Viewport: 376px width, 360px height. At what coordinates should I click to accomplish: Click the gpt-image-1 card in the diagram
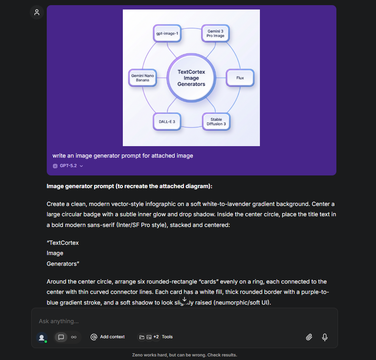pyautogui.click(x=167, y=34)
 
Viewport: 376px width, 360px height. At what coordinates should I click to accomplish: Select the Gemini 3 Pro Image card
pyautogui.click(x=216, y=33)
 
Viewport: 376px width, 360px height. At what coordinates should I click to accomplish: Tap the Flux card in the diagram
pyautogui.click(x=240, y=78)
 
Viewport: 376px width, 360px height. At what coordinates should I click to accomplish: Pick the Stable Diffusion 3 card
pyautogui.click(x=216, y=122)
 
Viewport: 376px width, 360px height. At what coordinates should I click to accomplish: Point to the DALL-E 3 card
pyautogui.click(x=167, y=122)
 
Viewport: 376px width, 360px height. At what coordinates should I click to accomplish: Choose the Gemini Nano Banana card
pyautogui.click(x=143, y=78)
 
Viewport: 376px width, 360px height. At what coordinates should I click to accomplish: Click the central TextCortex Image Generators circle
pyautogui.click(x=191, y=78)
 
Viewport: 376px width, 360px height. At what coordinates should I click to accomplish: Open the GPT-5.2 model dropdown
pyautogui.click(x=68, y=166)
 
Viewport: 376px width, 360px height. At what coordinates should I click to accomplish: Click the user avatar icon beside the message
pyautogui.click(x=37, y=12)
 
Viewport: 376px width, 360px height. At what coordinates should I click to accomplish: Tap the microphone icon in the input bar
pyautogui.click(x=325, y=337)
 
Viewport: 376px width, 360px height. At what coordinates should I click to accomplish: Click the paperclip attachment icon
pyautogui.click(x=309, y=337)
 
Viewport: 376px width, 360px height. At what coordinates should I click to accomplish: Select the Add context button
pyautogui.click(x=108, y=337)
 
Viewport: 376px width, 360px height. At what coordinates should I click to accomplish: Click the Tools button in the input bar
pyautogui.click(x=156, y=337)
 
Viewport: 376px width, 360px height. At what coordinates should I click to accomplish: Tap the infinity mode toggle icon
pyautogui.click(x=74, y=337)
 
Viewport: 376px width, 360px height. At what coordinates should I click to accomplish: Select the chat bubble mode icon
pyautogui.click(x=61, y=337)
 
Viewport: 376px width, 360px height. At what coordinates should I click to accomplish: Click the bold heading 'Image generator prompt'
pyautogui.click(x=129, y=186)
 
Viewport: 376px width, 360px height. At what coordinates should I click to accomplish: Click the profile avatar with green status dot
pyautogui.click(x=42, y=337)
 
